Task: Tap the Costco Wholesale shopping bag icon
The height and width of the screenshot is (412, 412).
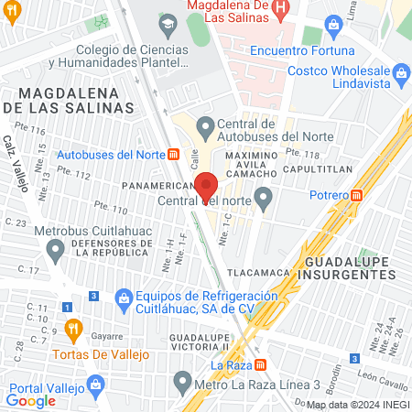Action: point(401,71)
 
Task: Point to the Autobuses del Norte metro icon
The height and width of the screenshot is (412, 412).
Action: point(173,154)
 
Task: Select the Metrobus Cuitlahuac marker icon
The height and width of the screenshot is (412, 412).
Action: point(57,246)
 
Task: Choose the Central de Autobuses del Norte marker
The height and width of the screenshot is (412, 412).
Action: point(205,126)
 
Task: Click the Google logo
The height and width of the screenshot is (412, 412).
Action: point(31,401)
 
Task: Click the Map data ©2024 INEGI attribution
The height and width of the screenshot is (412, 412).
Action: point(357,405)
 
